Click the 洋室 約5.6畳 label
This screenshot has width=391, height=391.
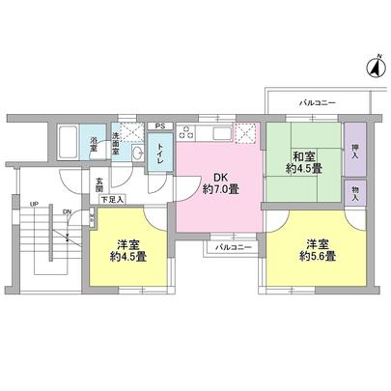(x=317, y=250)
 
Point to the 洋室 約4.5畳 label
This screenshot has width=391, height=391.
(x=128, y=250)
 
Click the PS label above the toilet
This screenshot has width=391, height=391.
(x=160, y=126)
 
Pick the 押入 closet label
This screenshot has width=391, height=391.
(x=354, y=150)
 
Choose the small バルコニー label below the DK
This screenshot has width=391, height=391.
(x=233, y=248)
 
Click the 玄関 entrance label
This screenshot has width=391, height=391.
(x=99, y=183)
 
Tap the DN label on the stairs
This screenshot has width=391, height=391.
(x=66, y=212)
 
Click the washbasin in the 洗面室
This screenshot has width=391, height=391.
(x=136, y=154)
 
